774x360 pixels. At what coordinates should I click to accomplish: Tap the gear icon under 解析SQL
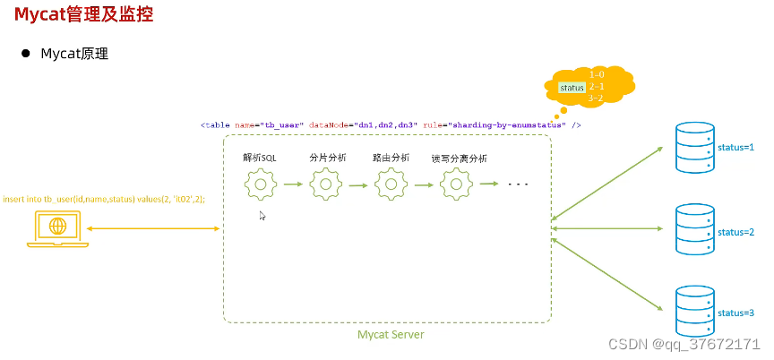coord(260,184)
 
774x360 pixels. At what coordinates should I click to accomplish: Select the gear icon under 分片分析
coord(325,184)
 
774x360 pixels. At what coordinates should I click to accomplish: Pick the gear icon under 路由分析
coord(391,184)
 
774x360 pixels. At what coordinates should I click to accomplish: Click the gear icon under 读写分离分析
coord(457,184)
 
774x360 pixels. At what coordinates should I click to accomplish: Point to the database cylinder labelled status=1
coord(694,147)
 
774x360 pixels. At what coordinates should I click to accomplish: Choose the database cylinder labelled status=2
coord(694,230)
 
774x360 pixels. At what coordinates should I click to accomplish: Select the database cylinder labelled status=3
coord(694,311)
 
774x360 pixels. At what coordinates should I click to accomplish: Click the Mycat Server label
coord(391,335)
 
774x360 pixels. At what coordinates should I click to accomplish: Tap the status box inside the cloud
coord(572,88)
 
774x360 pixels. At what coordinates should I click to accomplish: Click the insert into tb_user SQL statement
coord(103,199)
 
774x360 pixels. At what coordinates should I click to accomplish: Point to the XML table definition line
coord(391,125)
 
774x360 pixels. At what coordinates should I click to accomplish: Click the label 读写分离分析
coord(459,159)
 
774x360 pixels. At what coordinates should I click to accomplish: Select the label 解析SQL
coord(260,158)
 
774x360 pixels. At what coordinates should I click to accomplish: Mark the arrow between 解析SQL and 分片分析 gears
coord(293,184)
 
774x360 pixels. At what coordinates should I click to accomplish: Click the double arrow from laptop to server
coord(153,230)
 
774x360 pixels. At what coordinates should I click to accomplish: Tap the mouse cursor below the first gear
coord(262,216)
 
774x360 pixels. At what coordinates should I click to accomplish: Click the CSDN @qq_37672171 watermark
coord(684,344)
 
